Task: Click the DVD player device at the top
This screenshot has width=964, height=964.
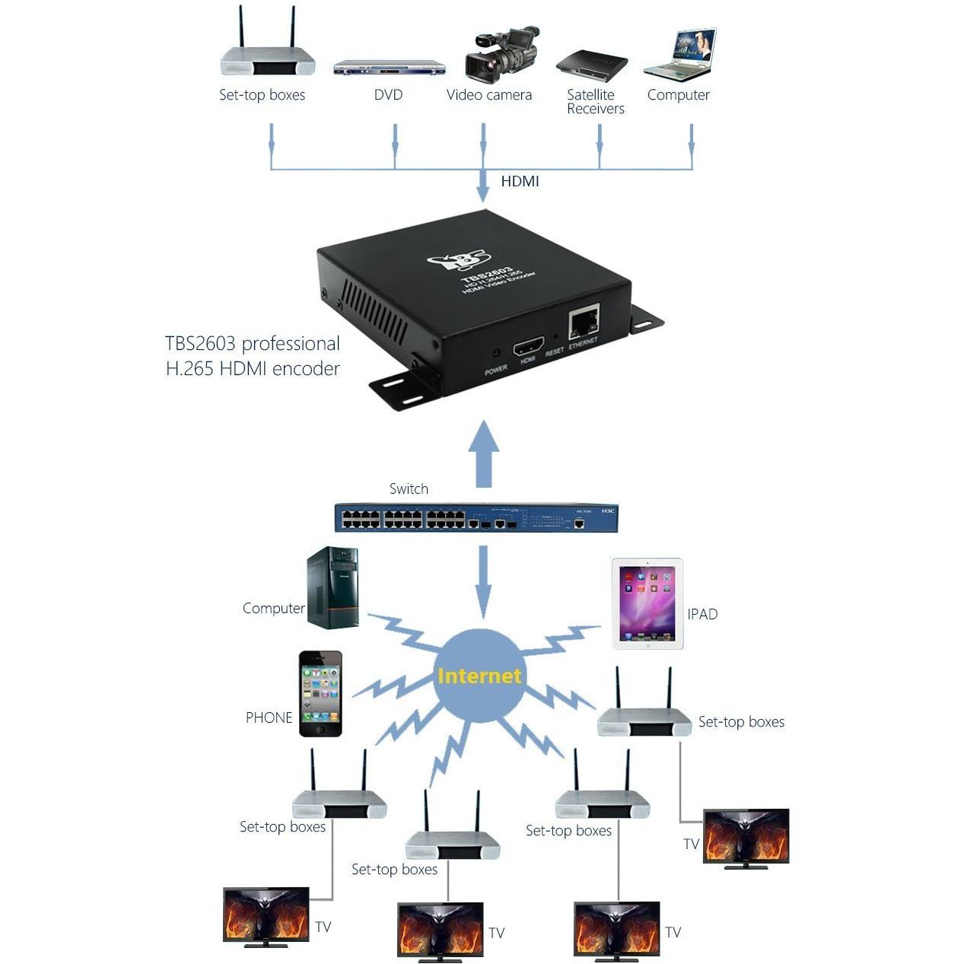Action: (x=390, y=68)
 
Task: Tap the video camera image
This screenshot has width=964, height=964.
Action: (x=501, y=55)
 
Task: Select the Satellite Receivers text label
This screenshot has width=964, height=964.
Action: (x=595, y=101)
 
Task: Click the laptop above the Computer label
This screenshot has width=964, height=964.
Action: (x=679, y=55)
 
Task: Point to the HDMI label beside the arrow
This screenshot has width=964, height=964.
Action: (x=520, y=181)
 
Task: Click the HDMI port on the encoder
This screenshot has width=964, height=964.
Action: (x=528, y=345)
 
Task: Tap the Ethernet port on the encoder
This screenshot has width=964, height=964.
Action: (x=584, y=321)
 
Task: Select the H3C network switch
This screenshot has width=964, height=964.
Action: (x=476, y=517)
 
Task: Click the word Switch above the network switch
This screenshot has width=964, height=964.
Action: (x=409, y=488)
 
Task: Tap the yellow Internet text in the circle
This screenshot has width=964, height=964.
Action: (x=479, y=676)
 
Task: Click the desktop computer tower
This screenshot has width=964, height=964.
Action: (x=332, y=587)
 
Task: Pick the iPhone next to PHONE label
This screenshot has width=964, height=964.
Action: (x=320, y=693)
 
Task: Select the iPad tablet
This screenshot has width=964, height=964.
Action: (x=647, y=604)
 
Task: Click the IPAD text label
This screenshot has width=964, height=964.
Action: (x=702, y=614)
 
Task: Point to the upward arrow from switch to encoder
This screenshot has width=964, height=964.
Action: (x=483, y=453)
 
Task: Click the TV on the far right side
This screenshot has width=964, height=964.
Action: (x=746, y=839)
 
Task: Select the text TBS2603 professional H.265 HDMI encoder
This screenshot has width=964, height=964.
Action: (x=253, y=355)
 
